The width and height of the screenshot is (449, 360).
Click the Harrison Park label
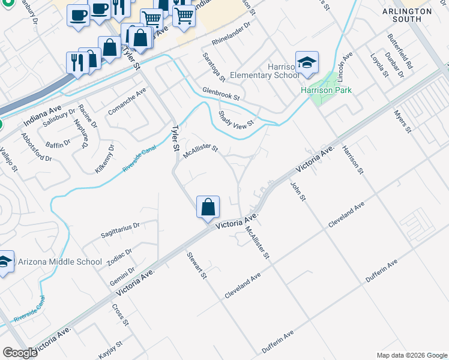tap(326, 90)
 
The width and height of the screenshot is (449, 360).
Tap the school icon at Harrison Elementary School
tap(307, 64)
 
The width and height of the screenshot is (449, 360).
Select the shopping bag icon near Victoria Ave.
tap(208, 208)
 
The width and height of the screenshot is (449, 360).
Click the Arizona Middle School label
tap(60, 262)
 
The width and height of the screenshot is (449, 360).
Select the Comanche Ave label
tap(127, 103)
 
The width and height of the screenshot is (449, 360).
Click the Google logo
tap(20, 353)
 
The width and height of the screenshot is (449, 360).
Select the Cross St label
tap(120, 314)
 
